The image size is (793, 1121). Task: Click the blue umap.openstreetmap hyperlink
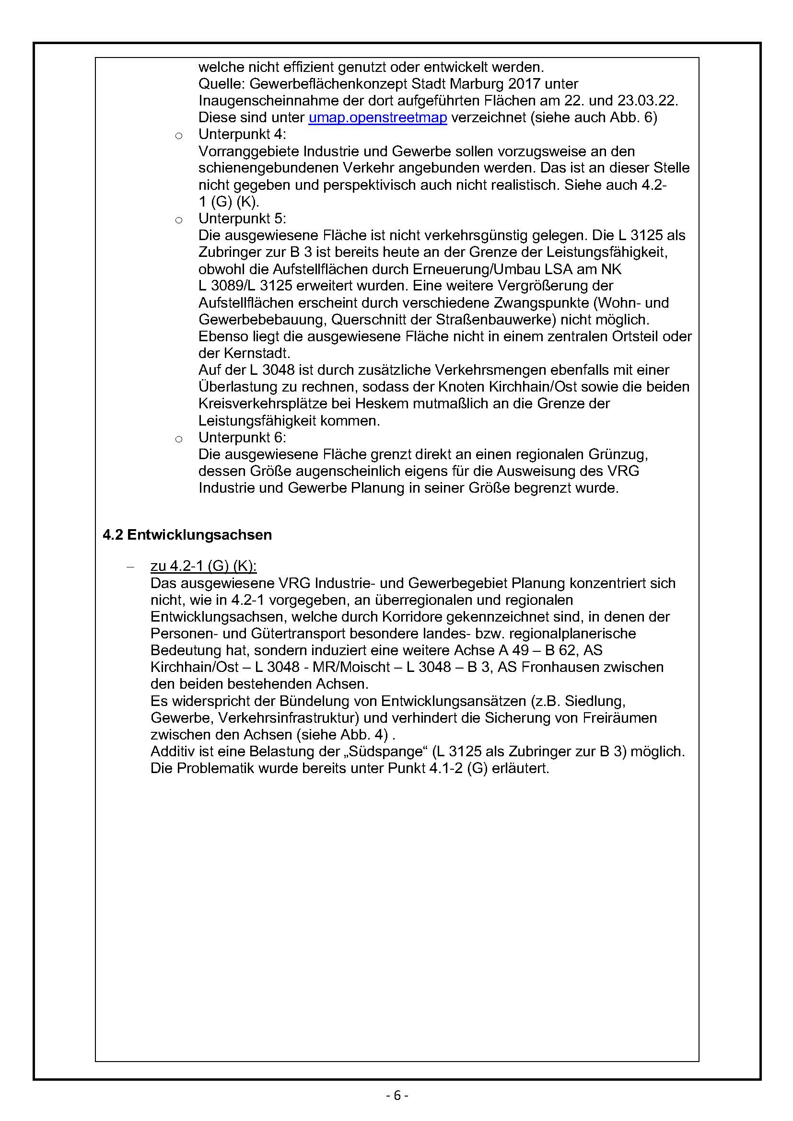coord(377,118)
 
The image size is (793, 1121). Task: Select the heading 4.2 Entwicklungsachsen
coord(187,535)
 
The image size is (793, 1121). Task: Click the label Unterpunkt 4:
coord(242,134)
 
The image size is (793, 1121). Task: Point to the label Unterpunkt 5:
coord(242,218)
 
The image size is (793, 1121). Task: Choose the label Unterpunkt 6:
coord(242,437)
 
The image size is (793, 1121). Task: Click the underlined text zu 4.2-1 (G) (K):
coord(203,566)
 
